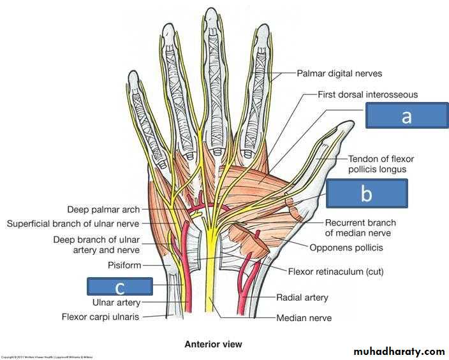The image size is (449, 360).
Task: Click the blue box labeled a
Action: point(406,116)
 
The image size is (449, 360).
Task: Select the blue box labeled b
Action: point(366,193)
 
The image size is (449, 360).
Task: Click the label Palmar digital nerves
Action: point(339,73)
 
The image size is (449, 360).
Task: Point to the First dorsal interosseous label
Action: point(368,94)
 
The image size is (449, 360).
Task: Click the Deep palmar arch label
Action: point(103,209)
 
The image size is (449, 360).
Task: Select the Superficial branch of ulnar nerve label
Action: point(73,224)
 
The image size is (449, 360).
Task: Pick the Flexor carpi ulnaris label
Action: point(101,316)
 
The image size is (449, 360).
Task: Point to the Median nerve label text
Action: point(304,317)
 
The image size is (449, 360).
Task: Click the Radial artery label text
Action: point(302,297)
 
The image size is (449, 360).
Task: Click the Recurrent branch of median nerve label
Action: point(360,228)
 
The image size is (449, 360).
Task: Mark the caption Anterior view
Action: point(213,345)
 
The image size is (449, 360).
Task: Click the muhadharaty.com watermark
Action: point(399,351)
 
